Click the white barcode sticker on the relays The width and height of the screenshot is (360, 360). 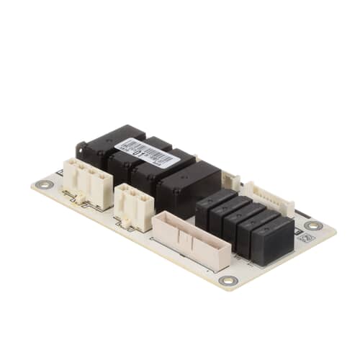pos(147,151)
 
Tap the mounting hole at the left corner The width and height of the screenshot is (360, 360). pos(45,184)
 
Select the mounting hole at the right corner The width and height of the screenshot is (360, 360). pos(313,225)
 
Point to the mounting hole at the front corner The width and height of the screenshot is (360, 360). pos(227,280)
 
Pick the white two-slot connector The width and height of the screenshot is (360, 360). pos(134,204)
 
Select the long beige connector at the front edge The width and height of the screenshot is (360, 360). pos(192,240)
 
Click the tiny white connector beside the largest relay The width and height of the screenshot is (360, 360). pos(230,181)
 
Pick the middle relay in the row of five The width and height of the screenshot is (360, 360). pos(243,224)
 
